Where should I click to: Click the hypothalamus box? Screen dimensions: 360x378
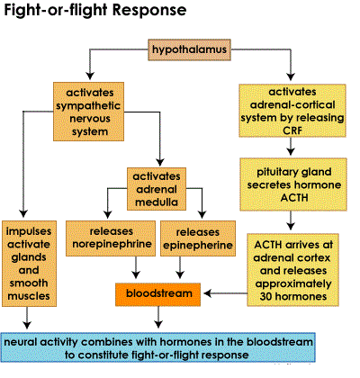pos(189,49)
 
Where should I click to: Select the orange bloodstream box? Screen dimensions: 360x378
pos(158,294)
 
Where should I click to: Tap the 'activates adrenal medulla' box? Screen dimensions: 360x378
pos(157,189)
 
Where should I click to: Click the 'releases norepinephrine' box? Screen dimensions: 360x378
pos(111,238)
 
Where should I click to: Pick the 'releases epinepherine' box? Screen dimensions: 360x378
pos(198,238)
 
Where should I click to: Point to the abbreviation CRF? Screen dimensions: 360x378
pos(292,130)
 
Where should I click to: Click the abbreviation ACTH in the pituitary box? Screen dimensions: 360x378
pos(294,198)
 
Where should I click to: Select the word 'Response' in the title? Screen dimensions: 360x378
pos(149,10)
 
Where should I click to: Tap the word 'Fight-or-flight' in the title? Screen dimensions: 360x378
pos(56,10)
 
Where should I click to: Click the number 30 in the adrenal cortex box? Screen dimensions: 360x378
pos(266,297)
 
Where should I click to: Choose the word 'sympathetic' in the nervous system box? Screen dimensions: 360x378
pos(88,106)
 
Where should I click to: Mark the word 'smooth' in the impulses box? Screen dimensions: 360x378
pos(29,283)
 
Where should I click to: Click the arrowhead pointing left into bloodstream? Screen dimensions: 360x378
pos(208,293)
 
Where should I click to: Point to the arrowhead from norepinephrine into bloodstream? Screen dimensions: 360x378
pos(136,274)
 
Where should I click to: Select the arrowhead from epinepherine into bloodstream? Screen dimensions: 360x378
pos(180,274)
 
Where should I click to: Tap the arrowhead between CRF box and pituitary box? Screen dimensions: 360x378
pos(291,151)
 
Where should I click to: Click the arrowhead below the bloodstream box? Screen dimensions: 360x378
pos(158,324)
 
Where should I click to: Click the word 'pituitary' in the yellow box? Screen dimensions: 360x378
pos(275,173)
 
